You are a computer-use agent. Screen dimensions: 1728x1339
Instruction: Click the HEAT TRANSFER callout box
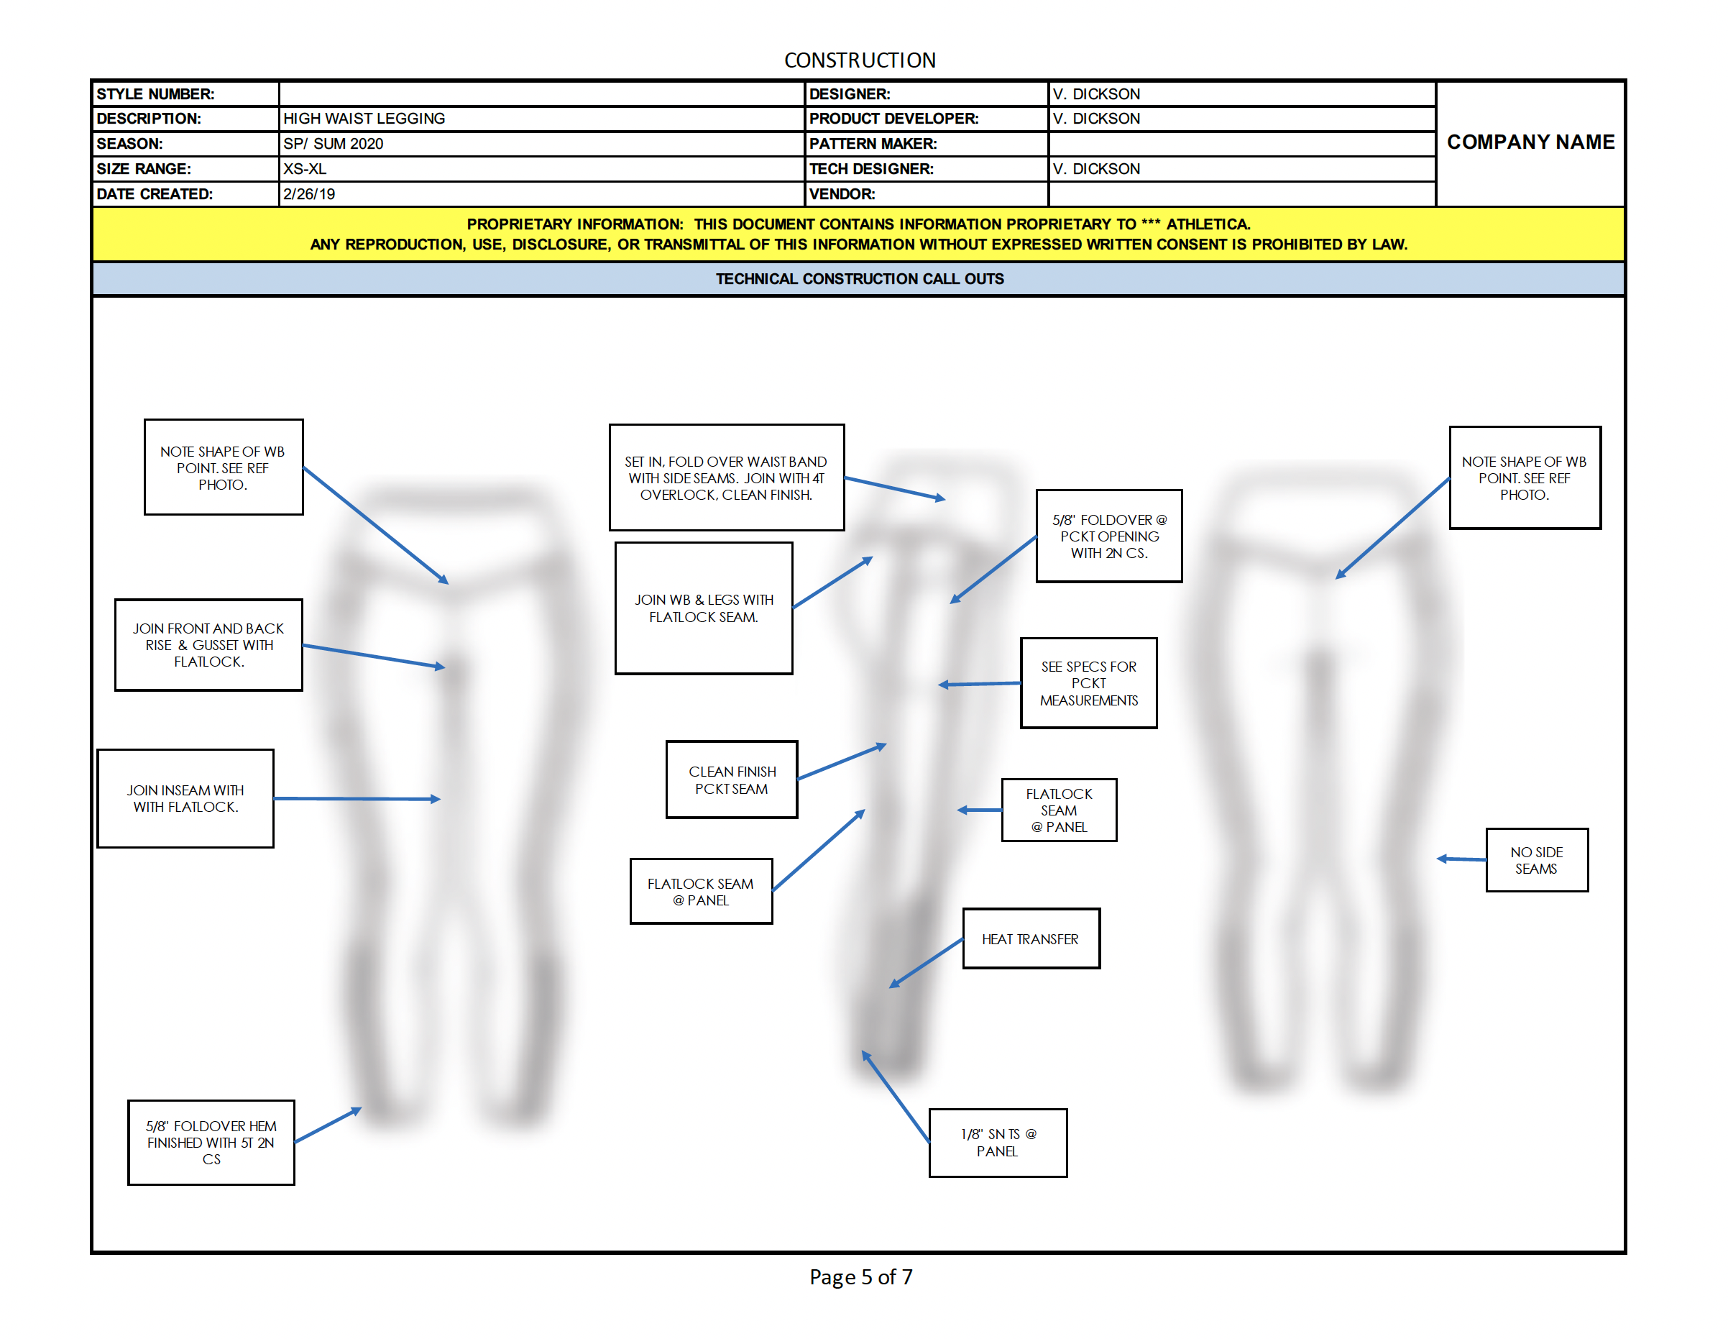pos(1031,938)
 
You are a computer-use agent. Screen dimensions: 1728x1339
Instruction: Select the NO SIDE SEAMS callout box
pos(1537,860)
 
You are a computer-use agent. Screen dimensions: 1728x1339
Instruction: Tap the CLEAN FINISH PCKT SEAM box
pos(732,780)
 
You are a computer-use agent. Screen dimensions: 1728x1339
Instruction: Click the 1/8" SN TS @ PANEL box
pos(998,1143)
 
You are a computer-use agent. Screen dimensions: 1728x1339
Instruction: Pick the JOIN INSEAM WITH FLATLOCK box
pos(185,798)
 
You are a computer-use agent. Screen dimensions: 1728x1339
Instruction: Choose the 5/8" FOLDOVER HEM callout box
pos(211,1142)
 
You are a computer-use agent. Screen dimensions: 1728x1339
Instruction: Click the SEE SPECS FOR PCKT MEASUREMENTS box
pos(1089,683)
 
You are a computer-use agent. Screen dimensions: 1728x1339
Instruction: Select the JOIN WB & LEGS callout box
pos(704,608)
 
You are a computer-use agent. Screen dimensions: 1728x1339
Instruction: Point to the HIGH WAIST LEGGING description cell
pos(364,119)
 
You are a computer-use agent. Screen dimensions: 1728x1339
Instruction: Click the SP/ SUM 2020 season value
pos(333,144)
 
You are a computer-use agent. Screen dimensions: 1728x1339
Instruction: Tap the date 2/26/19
pos(308,195)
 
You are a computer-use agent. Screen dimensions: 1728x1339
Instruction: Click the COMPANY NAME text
pos(1530,142)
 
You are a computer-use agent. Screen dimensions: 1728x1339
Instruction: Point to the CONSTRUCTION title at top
pos(860,60)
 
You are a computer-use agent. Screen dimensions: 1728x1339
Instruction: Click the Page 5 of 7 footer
pos(861,1276)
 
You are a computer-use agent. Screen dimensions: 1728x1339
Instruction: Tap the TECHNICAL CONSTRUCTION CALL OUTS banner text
pos(860,279)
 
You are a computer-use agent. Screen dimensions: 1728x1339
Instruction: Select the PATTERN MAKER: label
pos(873,144)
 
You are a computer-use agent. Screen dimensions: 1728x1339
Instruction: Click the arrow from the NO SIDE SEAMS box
pos(1461,859)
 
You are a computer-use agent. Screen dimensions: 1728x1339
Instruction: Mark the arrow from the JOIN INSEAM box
pos(357,798)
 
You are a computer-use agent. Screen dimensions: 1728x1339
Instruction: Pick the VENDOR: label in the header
pos(842,195)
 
